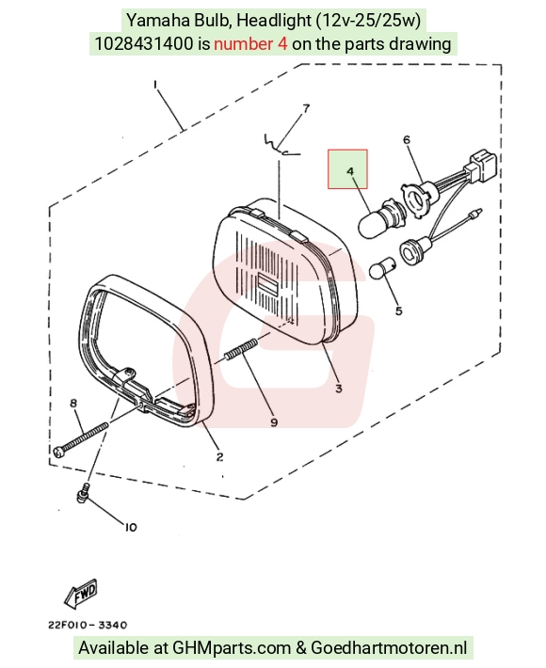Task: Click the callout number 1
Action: pos(155,86)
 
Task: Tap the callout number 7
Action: pos(306,108)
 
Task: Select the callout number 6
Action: pos(406,140)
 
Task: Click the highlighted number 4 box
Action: pos(347,168)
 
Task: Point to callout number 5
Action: pos(398,311)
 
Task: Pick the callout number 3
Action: pos(339,389)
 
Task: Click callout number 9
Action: pos(274,421)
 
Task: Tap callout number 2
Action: pos(219,456)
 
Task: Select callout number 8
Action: pos(73,403)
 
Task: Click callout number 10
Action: pos(131,528)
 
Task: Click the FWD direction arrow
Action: pos(81,594)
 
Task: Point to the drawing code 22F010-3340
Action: pos(88,625)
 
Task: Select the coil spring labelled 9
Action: pos(241,349)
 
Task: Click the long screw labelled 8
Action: pos(81,439)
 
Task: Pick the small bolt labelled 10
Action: pos(83,492)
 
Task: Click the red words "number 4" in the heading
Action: pos(250,44)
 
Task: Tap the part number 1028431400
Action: pos(144,44)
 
